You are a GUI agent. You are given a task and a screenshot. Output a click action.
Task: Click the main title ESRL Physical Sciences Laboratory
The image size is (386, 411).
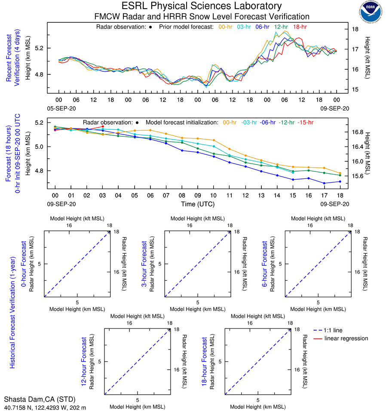point(202,6)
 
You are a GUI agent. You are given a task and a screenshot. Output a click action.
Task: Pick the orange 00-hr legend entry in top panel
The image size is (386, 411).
point(226,27)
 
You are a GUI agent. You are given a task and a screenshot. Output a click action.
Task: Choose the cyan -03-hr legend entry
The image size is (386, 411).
point(249,123)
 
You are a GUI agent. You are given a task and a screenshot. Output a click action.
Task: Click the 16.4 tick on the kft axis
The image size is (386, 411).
point(357,147)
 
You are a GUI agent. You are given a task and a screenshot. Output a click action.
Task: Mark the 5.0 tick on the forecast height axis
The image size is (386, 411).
point(41,147)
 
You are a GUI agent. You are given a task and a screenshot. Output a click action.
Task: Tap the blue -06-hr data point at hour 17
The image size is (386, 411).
point(324,183)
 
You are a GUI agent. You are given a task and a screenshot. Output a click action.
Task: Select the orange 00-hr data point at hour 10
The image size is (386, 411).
point(214,140)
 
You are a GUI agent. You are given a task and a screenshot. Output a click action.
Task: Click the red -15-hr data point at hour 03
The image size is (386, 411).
point(102,126)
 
